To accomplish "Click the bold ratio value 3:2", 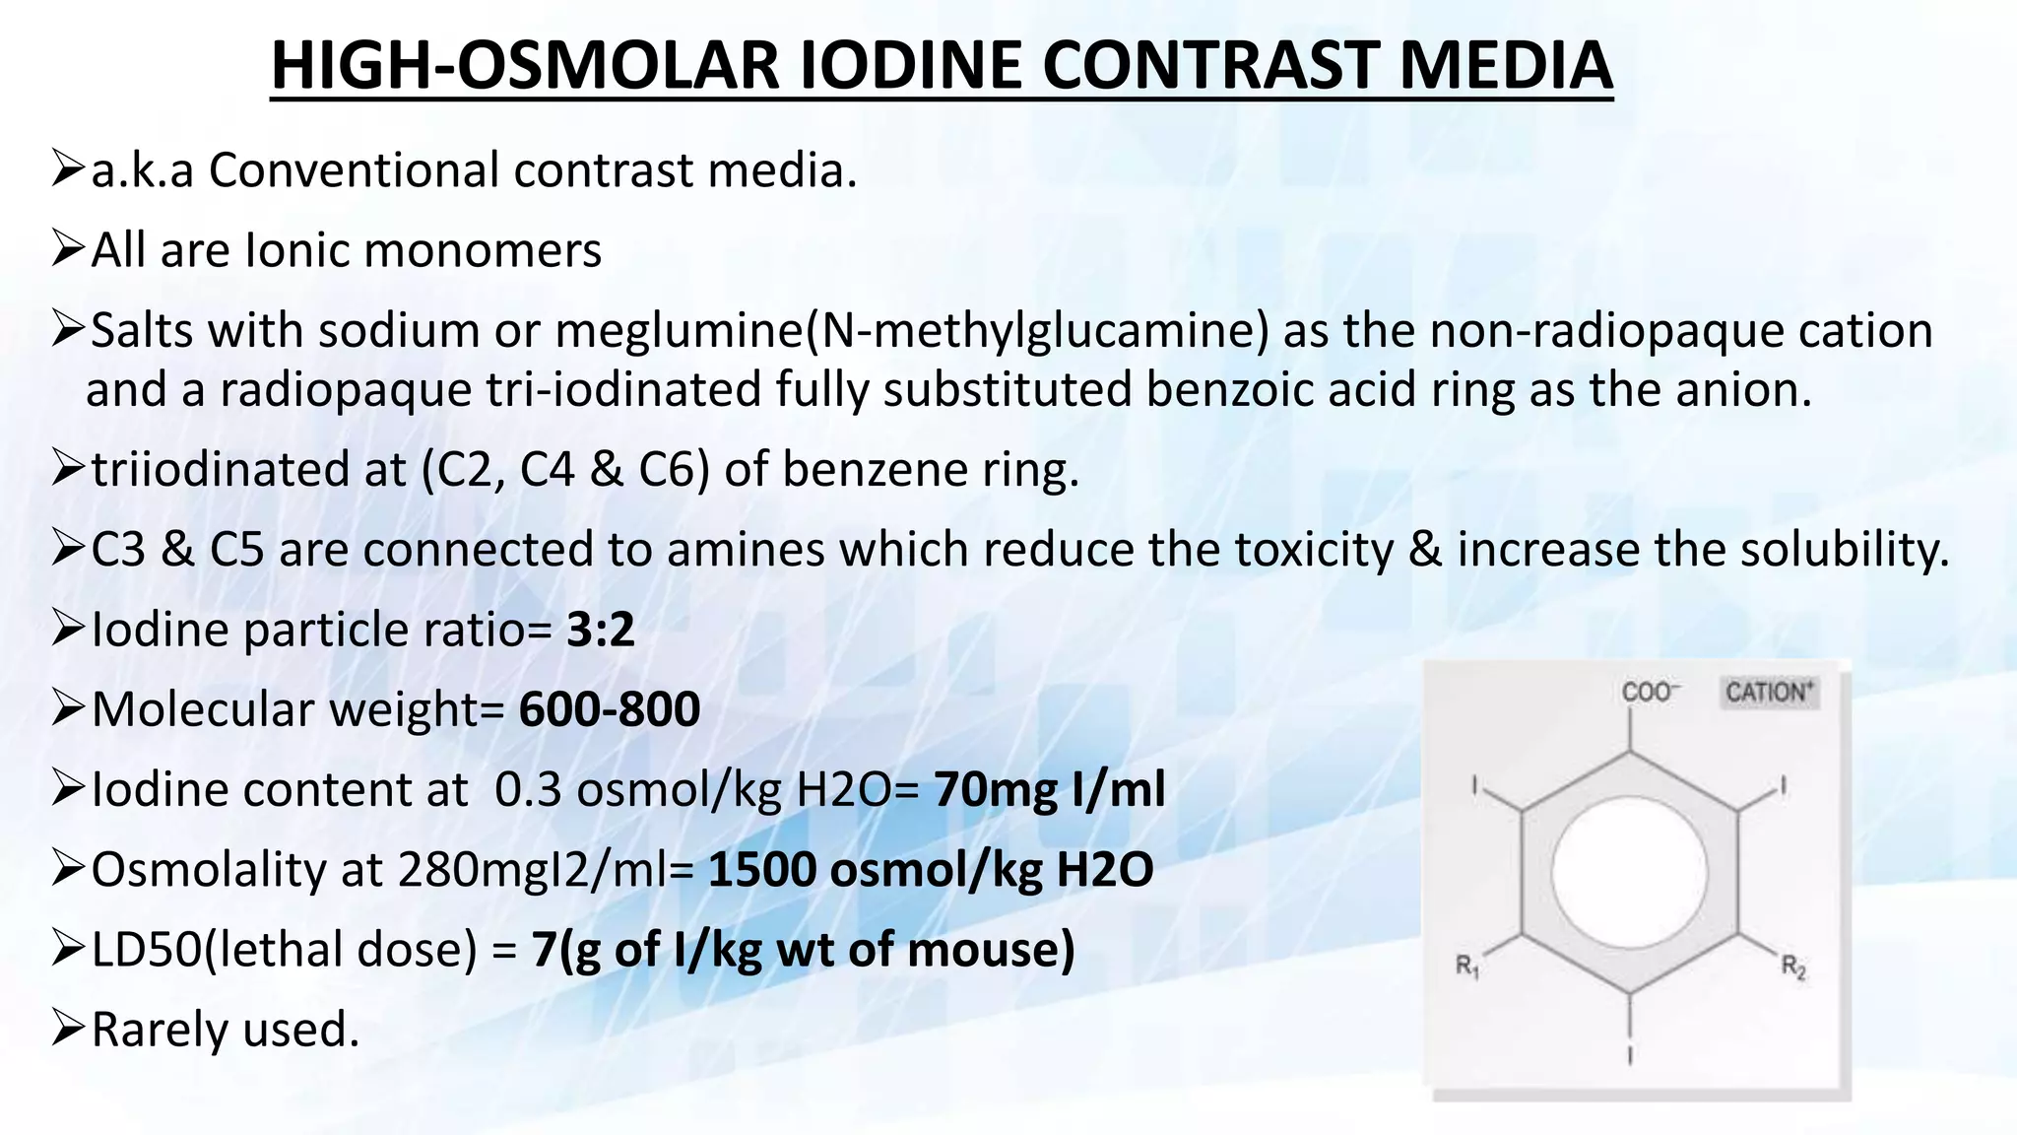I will click(x=601, y=630).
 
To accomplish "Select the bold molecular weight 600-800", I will click(x=610, y=709).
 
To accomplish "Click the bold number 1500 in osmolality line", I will click(x=762, y=870).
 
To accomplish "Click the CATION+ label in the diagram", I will click(x=1770, y=693).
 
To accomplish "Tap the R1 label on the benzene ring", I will click(x=1467, y=966).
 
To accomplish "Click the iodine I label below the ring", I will click(x=1630, y=1055).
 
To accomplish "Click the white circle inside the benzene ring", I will click(x=1629, y=871).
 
